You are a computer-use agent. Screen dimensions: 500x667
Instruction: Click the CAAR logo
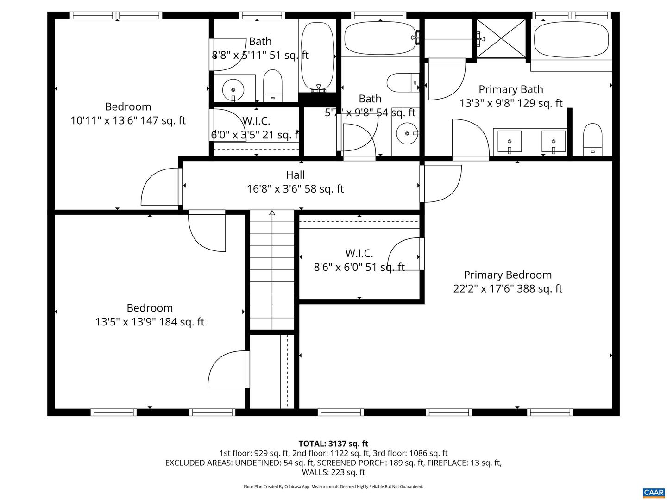(x=654, y=493)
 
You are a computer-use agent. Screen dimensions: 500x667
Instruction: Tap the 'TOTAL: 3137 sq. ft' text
(x=333, y=444)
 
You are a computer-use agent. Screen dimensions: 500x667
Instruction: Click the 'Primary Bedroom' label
(x=508, y=275)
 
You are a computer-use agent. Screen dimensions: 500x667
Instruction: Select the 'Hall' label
(x=295, y=175)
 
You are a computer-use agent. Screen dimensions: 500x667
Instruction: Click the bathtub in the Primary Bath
(x=571, y=39)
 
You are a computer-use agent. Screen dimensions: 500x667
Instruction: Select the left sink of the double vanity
(x=510, y=142)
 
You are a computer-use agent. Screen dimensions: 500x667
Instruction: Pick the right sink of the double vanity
(x=554, y=142)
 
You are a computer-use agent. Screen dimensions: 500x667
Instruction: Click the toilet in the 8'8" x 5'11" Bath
(x=272, y=86)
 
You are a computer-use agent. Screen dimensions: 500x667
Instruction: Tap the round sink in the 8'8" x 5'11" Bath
(x=233, y=89)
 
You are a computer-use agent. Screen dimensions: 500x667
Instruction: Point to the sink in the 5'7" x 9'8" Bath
(x=407, y=133)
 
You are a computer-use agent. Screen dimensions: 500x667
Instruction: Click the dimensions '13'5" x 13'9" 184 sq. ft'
(x=150, y=322)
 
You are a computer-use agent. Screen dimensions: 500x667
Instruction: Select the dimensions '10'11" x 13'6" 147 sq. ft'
(x=128, y=120)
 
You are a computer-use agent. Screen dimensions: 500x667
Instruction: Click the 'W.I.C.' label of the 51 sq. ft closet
(x=359, y=253)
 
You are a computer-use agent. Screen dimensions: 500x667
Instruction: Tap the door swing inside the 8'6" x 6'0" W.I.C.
(x=404, y=254)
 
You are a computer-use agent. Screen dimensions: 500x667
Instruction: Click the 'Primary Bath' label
(x=510, y=89)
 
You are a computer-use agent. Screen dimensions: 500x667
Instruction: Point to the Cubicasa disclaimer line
(x=333, y=487)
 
